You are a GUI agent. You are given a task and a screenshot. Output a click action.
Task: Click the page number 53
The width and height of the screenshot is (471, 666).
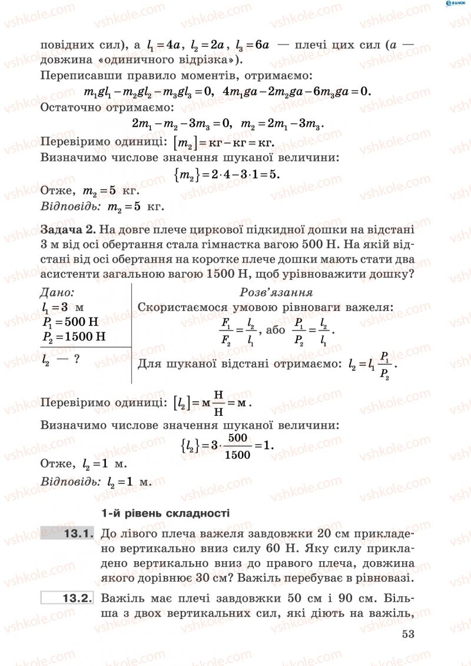409,634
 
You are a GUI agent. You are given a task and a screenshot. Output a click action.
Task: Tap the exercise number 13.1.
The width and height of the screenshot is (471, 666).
78,534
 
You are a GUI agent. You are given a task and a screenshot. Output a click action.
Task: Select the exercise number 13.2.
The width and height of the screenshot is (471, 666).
78,599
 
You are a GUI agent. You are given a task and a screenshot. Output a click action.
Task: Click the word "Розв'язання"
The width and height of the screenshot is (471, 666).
276,292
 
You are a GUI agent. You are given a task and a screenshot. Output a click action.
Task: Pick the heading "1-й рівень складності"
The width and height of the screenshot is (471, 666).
165,513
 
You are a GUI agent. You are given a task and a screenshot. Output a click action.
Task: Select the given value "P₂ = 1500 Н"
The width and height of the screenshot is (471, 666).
74,337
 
